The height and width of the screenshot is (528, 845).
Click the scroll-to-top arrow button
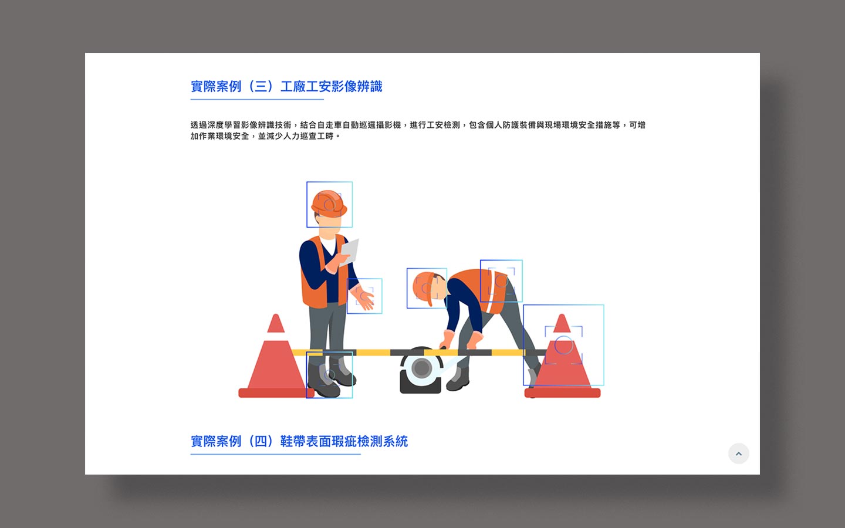(x=738, y=453)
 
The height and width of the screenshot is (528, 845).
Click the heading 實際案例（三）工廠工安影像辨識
(x=286, y=86)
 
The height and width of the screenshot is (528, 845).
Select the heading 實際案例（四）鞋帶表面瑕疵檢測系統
(x=299, y=441)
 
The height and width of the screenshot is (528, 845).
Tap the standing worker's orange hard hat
(x=329, y=204)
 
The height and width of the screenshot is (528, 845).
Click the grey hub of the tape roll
(x=421, y=367)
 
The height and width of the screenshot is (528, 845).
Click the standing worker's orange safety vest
(x=324, y=272)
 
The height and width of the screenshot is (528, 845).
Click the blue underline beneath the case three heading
(x=257, y=99)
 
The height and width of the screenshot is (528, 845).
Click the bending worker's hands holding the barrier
(x=462, y=340)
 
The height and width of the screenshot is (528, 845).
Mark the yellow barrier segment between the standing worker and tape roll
(x=373, y=353)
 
